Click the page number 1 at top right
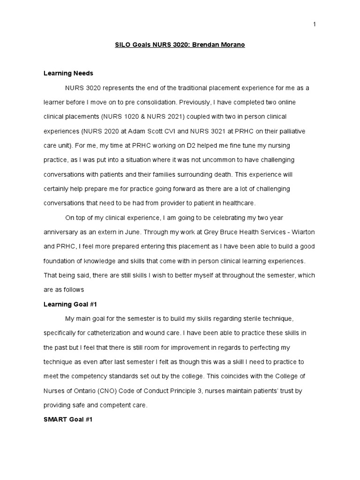315,25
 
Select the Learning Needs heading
68,73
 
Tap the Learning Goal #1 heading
70,304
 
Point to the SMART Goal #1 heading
68,420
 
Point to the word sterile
241,319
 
